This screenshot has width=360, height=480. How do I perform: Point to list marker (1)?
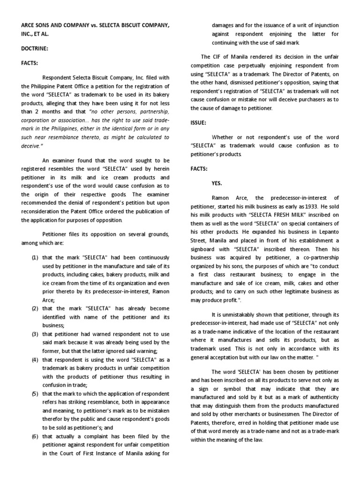[35, 258]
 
